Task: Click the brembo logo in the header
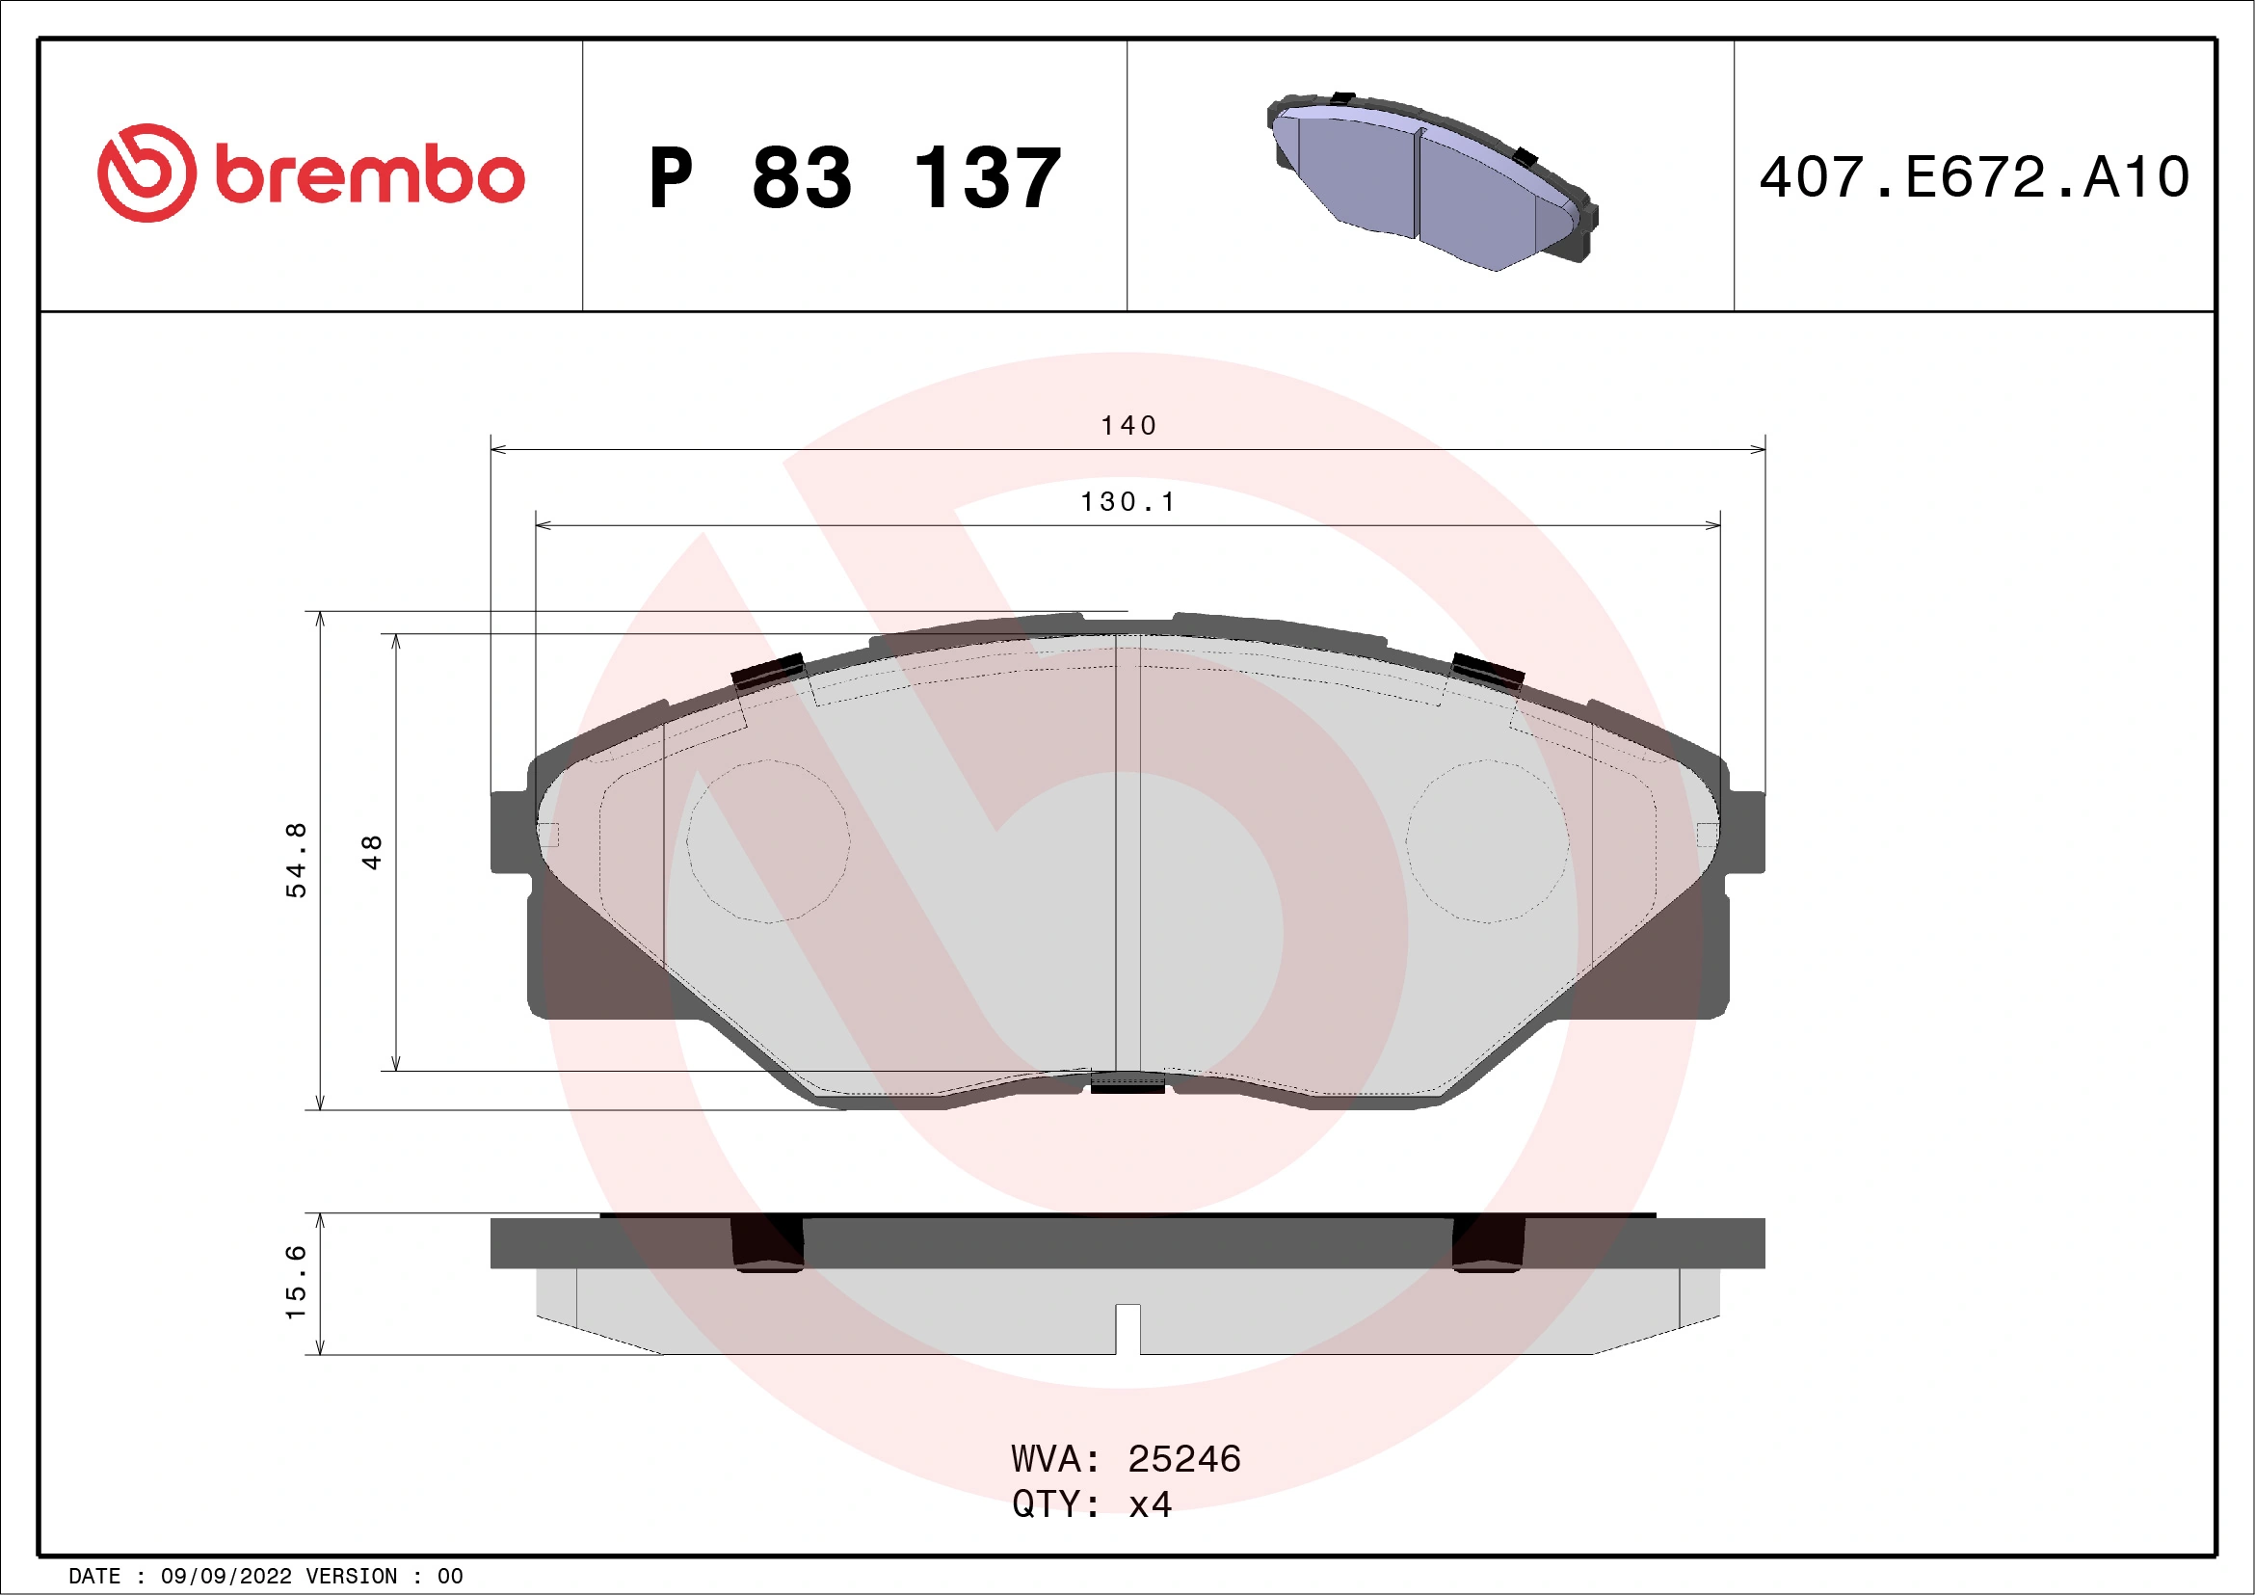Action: [310, 173]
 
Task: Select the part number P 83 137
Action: [855, 178]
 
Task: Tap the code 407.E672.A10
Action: [1975, 177]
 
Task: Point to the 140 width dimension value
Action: [1127, 425]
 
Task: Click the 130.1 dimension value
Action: [1127, 502]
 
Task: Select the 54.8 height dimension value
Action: [296, 860]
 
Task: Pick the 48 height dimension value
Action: [371, 852]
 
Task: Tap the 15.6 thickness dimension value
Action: [296, 1282]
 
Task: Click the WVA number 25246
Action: [1183, 1458]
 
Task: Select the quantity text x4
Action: [1149, 1503]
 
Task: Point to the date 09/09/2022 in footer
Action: [225, 1577]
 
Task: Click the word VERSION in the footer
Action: [352, 1577]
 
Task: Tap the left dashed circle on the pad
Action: [768, 840]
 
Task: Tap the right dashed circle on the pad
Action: [1487, 840]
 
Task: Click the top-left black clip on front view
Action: [768, 671]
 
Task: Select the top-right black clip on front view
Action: [1487, 671]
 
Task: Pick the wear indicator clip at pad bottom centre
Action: [1127, 1081]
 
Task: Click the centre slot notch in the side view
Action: [1127, 1327]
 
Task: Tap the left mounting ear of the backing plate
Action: [511, 831]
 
